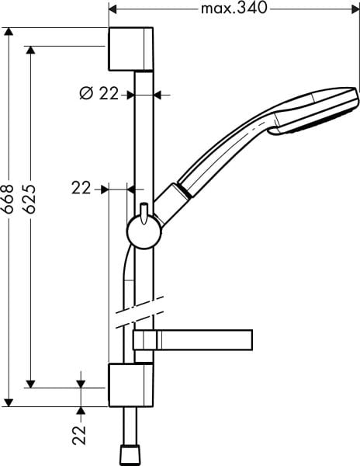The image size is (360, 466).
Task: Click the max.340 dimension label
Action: click(x=234, y=9)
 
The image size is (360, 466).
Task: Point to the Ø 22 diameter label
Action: click(x=99, y=93)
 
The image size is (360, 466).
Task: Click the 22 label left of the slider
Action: click(x=81, y=187)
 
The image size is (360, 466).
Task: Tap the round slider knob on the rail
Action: click(x=143, y=231)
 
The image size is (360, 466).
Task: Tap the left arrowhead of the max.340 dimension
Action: click(x=111, y=10)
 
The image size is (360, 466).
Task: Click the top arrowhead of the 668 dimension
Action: click(x=9, y=33)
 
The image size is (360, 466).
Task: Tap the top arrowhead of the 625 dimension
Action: click(x=31, y=48)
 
